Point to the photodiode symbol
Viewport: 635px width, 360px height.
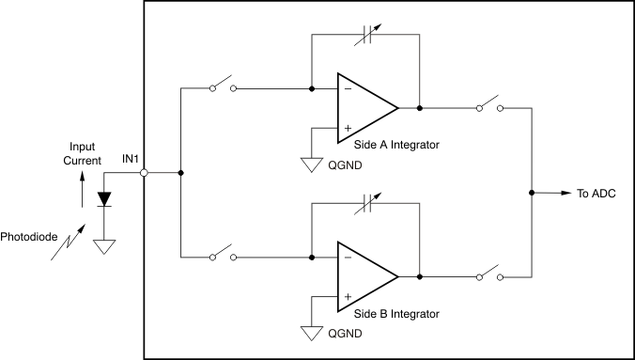coord(103,199)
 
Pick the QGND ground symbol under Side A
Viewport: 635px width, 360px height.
coord(312,165)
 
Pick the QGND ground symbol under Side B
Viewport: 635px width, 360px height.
coord(312,334)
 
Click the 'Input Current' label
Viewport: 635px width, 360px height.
coord(82,154)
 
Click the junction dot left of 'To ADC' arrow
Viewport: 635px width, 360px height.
coord(532,193)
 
